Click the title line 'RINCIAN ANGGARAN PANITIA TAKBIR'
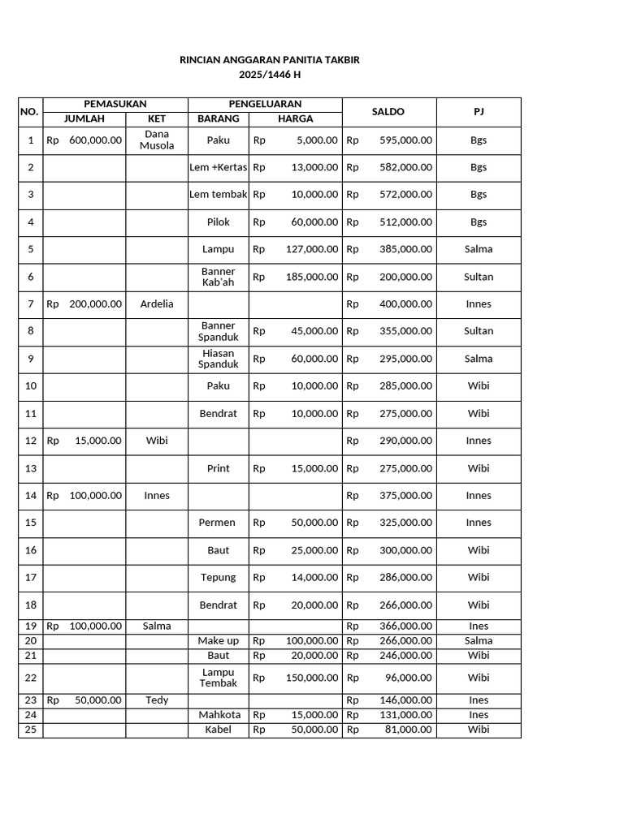(269, 60)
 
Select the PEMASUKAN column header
(115, 104)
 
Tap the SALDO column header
(388, 112)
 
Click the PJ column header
(479, 112)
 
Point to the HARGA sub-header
(295, 119)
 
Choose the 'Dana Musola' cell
(157, 140)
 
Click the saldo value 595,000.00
(405, 140)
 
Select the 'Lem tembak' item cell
(218, 195)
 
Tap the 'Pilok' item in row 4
(218, 222)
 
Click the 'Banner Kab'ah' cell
(218, 277)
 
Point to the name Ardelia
(157, 304)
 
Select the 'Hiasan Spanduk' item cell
(218, 359)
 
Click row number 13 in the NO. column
(31, 468)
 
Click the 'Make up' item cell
(218, 641)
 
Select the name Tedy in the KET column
(157, 700)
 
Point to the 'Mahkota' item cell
(219, 715)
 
